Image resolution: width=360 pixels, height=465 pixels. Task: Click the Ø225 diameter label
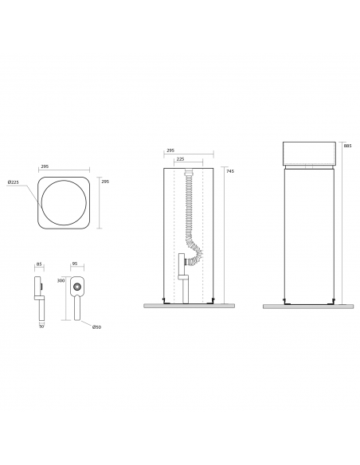13,182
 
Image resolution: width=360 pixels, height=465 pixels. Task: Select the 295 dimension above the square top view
45,166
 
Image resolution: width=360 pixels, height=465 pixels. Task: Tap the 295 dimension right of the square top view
105,182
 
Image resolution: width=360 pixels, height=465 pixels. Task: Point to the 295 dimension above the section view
170,150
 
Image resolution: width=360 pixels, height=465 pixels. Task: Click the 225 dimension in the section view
180,159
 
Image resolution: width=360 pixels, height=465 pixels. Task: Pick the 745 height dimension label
230,171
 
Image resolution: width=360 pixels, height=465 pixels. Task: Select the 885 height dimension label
347,146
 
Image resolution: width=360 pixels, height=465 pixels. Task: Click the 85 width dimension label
39,264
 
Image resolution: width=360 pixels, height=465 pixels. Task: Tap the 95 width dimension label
75,264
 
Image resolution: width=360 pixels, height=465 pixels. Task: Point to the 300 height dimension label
61,280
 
